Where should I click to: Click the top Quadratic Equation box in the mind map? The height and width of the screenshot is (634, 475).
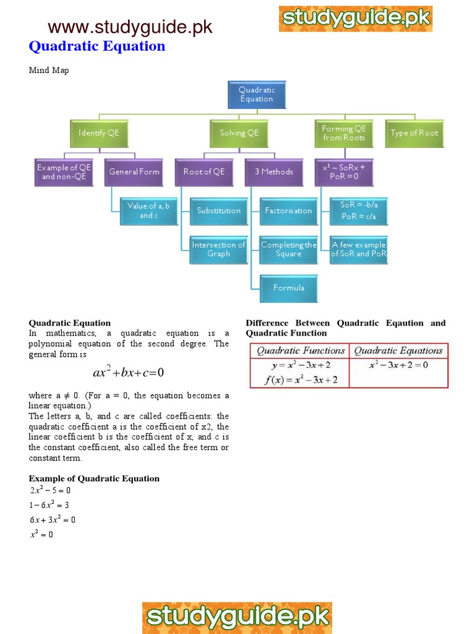(x=256, y=94)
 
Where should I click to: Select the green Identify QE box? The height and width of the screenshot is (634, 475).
(x=99, y=133)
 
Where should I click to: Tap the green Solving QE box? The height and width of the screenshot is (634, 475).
(x=239, y=133)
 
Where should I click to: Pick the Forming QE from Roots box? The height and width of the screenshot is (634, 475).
(x=344, y=133)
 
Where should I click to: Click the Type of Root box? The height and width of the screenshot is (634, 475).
(x=414, y=133)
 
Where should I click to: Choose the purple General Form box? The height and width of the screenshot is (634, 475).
(x=134, y=172)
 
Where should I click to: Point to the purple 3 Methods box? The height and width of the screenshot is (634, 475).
(x=274, y=172)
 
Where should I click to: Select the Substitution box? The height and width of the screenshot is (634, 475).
(x=218, y=211)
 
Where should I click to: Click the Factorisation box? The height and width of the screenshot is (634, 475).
(x=288, y=211)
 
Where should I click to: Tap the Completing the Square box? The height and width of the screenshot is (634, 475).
(x=288, y=250)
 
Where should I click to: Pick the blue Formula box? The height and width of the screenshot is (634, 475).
(x=288, y=288)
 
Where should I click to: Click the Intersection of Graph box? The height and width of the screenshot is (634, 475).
(x=218, y=250)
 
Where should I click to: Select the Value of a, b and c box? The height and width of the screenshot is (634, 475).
(x=148, y=211)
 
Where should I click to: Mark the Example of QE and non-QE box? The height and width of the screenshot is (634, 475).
(x=64, y=172)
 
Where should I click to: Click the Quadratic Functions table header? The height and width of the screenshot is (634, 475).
(x=301, y=351)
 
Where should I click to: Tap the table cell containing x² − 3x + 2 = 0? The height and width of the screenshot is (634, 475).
(x=398, y=365)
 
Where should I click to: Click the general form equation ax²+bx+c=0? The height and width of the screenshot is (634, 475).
(x=128, y=373)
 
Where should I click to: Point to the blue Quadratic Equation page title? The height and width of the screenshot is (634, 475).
(x=97, y=46)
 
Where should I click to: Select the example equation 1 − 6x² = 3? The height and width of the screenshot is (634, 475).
(x=49, y=505)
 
